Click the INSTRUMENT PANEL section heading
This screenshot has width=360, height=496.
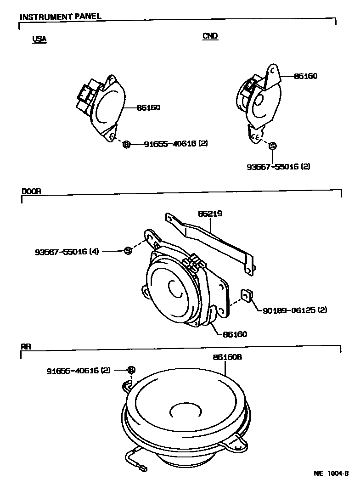tap(60, 17)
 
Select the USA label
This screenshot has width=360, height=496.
tap(39, 39)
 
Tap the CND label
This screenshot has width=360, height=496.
tap(210, 36)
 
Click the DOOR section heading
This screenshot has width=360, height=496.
tap(31, 192)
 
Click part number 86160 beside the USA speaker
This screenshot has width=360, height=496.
tap(148, 108)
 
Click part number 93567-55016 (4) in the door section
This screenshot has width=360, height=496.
tap(67, 251)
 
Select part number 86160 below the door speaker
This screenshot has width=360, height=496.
tap(235, 334)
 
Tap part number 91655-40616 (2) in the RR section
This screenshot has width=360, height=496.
tap(79, 371)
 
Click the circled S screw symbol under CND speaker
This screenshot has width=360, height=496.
tap(272, 146)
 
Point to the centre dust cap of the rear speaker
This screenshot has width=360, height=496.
tap(184, 410)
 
